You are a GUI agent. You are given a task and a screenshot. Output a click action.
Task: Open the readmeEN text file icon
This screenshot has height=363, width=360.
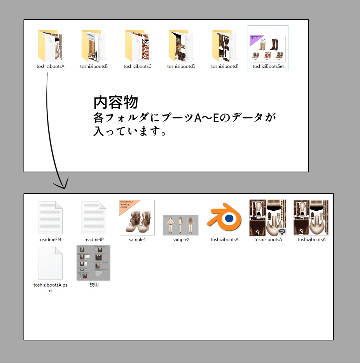tap(50, 218)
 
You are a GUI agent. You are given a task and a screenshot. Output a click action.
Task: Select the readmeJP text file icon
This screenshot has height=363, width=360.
tap(94, 218)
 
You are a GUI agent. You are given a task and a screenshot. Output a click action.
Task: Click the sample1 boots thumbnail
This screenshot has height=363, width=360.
tap(137, 217)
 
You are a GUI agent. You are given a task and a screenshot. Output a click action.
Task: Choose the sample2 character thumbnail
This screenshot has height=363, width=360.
tap(180, 225)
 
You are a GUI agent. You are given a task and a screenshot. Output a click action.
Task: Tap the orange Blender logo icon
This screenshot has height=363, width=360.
tap(224, 218)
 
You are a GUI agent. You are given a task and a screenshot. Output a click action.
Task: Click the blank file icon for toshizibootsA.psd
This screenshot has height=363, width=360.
tap(50, 263)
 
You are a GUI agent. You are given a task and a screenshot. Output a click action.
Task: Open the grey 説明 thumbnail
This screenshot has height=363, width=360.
tap(94, 263)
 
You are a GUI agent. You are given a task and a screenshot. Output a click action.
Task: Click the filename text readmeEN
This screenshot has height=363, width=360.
tap(50, 240)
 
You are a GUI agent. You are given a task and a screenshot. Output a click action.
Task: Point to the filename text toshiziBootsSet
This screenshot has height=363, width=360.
tap(268, 66)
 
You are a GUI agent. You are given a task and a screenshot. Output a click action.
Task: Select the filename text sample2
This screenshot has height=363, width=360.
tap(181, 240)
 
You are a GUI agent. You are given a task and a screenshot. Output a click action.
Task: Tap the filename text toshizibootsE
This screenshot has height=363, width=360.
tap(224, 66)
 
